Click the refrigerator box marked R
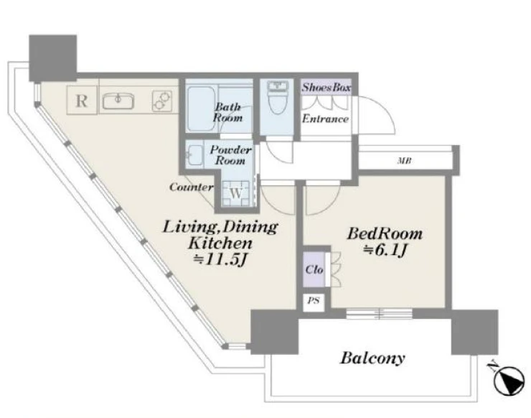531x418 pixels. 82,101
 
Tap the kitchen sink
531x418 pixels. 118,101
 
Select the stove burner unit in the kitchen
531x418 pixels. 161,101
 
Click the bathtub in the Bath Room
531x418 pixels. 201,108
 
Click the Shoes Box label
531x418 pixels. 326,87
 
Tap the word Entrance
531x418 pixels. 325,119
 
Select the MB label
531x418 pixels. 404,161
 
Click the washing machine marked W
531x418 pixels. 236,193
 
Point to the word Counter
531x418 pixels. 192,187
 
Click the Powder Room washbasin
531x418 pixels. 194,155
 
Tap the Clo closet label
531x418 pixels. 314,269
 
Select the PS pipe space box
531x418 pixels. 314,301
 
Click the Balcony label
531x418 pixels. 372,358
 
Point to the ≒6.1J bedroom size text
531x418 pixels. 385,250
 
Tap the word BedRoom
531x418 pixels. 385,234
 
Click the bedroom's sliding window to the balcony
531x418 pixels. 380,314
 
